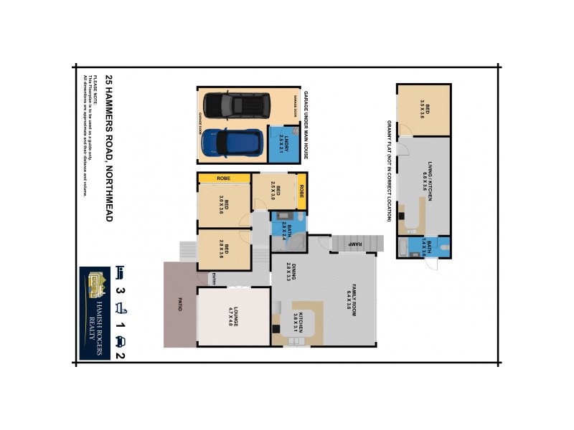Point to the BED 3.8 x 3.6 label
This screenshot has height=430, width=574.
click(x=223, y=205)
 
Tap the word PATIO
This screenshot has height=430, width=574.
click(x=171, y=304)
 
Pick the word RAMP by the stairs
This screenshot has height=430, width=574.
click(x=354, y=244)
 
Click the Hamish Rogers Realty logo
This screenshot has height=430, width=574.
click(x=95, y=312)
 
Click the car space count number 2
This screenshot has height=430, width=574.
click(x=120, y=355)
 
